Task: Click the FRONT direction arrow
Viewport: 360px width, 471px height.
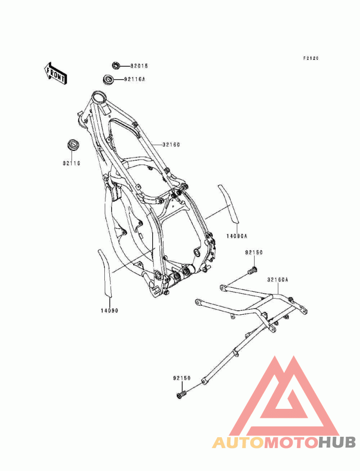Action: click(55, 73)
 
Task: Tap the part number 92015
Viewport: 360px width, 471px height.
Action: click(139, 66)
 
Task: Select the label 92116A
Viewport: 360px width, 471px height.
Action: click(135, 79)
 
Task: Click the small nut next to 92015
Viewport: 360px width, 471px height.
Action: click(116, 65)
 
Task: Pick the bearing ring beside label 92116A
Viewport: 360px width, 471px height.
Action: click(108, 79)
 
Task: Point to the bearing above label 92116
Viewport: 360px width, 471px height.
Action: click(72, 145)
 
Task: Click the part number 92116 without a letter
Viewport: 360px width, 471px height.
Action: click(72, 163)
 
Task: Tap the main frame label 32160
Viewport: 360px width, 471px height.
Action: click(171, 145)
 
